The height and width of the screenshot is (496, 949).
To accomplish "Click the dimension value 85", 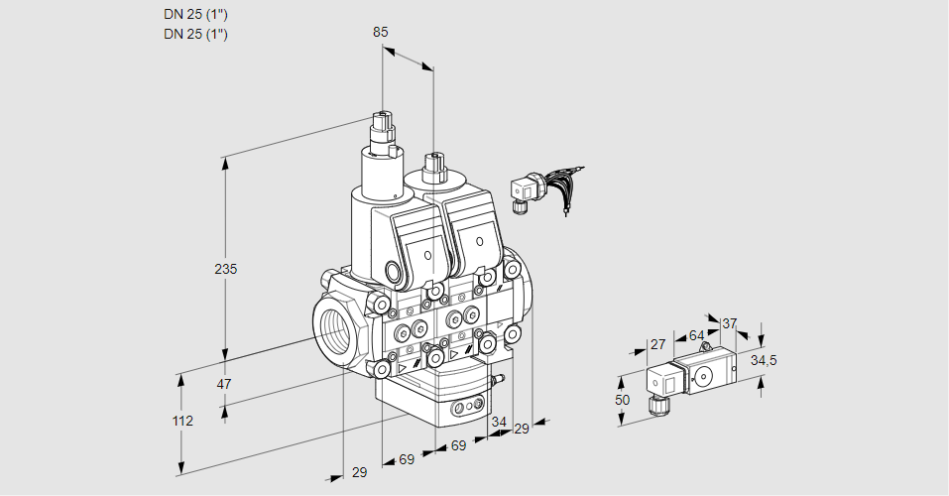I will (x=380, y=33).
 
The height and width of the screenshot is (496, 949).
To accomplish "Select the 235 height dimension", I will (x=226, y=269).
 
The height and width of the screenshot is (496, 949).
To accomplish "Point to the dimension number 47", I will (x=225, y=384).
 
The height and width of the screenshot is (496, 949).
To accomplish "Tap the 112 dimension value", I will (x=181, y=421).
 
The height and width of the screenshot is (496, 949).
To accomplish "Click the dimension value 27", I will (x=657, y=344).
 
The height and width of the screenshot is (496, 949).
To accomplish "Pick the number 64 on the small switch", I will (x=696, y=336).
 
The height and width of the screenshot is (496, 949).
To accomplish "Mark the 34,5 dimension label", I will (x=763, y=360).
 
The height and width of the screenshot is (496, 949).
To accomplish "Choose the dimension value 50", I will (x=622, y=400).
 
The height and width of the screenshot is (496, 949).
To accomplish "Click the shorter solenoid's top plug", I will (x=431, y=166).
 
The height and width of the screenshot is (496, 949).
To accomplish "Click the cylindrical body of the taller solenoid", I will (x=379, y=179).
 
